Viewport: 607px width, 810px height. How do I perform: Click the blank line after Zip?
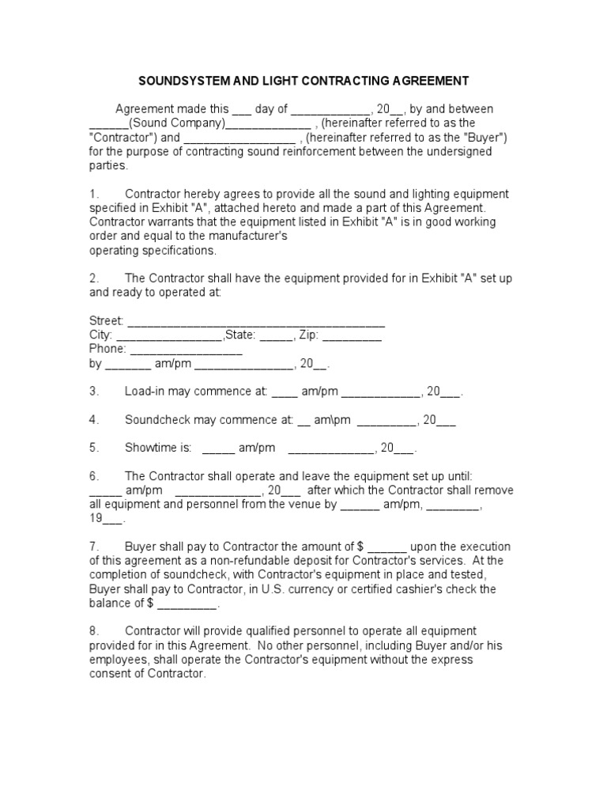353,335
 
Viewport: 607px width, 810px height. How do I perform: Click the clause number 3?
93,392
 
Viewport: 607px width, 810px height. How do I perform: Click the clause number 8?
93,631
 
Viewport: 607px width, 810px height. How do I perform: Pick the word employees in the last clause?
117,660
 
